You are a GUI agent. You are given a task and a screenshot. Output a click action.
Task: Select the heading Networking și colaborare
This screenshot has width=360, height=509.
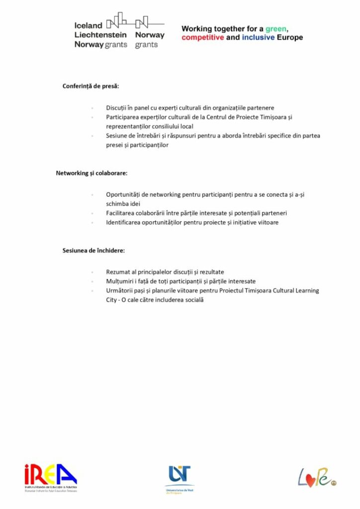coord(91,173)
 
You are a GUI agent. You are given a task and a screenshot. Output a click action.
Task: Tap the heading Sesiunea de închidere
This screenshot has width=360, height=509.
coord(93,250)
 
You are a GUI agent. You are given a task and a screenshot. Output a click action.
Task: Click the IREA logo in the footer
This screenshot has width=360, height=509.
coord(50,477)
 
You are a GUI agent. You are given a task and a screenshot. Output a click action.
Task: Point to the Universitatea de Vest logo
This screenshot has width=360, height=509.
coord(180,479)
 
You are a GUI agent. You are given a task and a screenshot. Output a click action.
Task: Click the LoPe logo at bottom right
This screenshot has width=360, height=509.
coord(316,477)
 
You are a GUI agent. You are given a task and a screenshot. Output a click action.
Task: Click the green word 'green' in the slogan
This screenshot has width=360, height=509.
coord(275,29)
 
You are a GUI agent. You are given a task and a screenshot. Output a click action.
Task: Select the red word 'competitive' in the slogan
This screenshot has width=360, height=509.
coord(202,37)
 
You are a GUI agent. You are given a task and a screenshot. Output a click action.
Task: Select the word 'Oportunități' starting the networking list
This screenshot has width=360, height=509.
coord(124,194)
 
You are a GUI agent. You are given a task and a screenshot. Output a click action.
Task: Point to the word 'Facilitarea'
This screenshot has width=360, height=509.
coord(121,213)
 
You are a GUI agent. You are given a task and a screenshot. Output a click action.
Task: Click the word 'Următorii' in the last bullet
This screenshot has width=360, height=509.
coord(120,291)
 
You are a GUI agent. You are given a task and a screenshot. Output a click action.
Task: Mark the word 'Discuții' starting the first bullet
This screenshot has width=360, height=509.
coord(117,107)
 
